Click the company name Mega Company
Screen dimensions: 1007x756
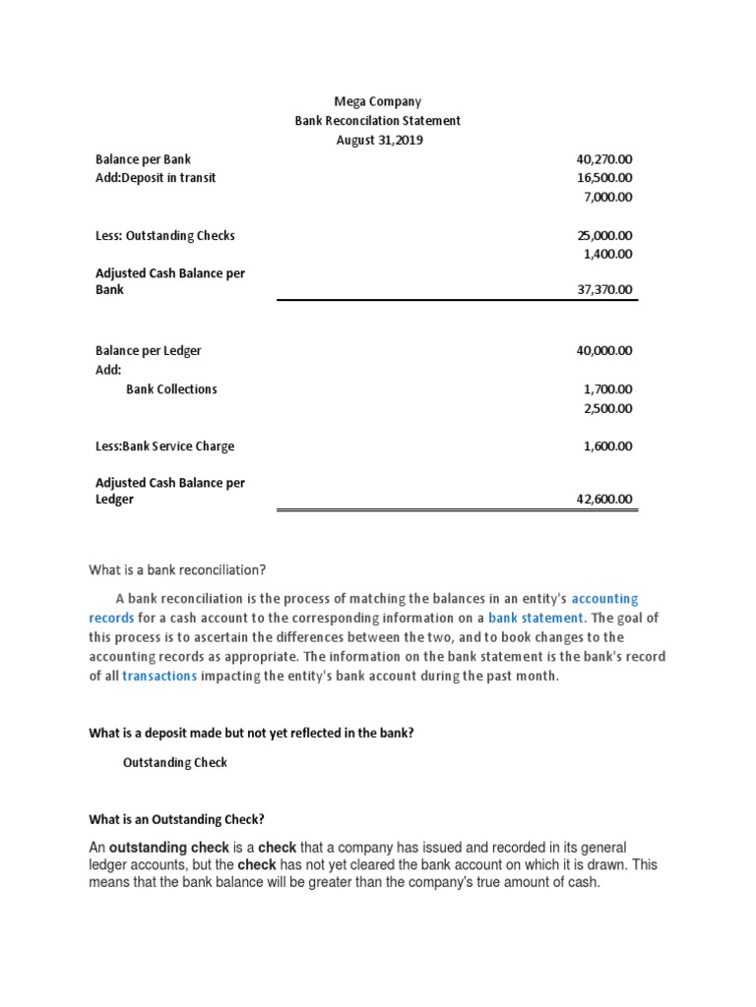click(x=378, y=101)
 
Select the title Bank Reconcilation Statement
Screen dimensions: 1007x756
click(x=378, y=121)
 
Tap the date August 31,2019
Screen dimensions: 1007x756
click(x=378, y=140)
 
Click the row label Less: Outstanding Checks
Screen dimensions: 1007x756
click(x=164, y=235)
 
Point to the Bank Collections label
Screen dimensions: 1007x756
click(x=171, y=388)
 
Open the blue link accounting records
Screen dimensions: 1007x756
click(x=604, y=598)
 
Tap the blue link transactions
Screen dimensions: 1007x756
click(x=159, y=676)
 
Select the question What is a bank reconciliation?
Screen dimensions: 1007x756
click(x=178, y=569)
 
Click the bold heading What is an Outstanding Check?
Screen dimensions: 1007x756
click(x=177, y=819)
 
